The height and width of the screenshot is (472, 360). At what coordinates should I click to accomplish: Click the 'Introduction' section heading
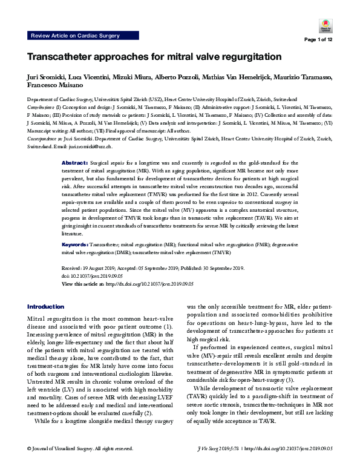coord(45,307)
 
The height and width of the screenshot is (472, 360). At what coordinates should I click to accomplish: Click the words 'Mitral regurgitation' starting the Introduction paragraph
coord(53,318)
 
